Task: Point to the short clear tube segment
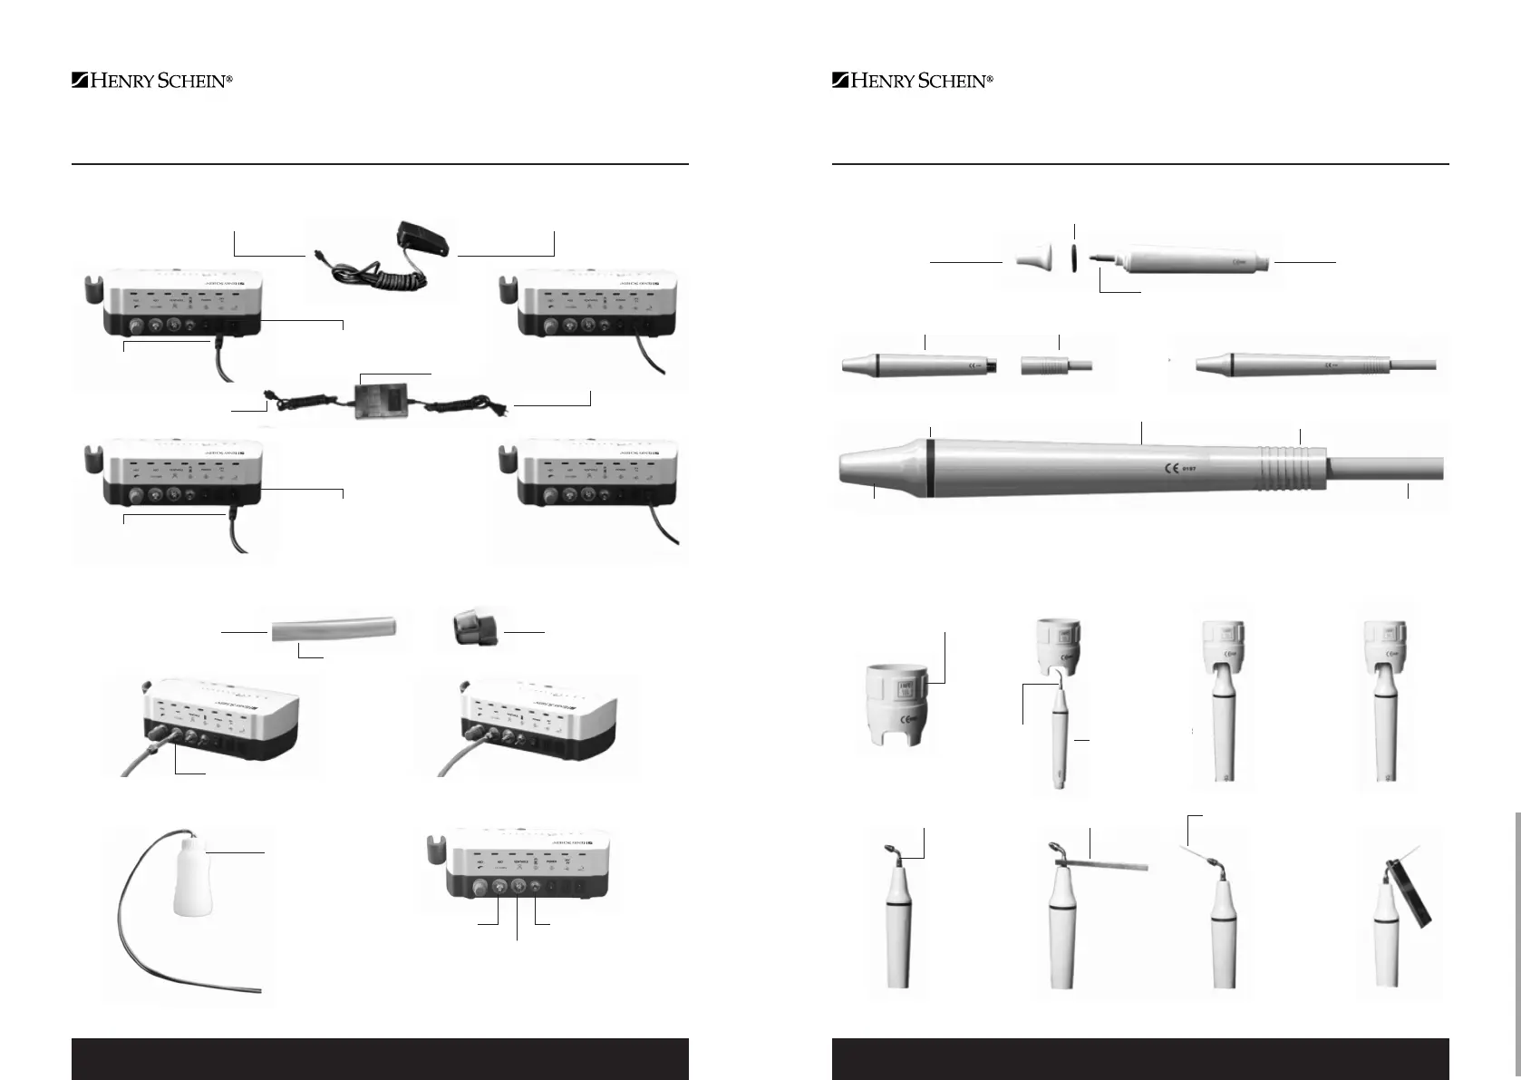click(x=334, y=629)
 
